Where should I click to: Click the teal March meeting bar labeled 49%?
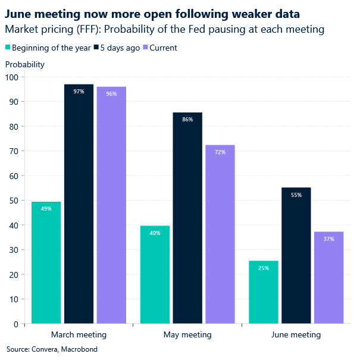pyautogui.click(x=46, y=262)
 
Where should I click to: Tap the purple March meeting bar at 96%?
pyautogui.click(x=111, y=205)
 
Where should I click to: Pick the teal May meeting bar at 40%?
pyautogui.click(x=155, y=274)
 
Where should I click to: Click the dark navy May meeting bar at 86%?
pyautogui.click(x=187, y=218)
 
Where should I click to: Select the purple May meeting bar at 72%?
pyautogui.click(x=220, y=234)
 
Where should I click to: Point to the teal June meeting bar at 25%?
pyautogui.click(x=264, y=292)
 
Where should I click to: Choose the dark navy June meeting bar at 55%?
pyautogui.click(x=296, y=255)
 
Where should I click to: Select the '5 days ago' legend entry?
pyautogui.click(x=121, y=48)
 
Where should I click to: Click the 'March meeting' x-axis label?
pyautogui.click(x=79, y=334)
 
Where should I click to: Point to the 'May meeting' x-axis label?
pyautogui.click(x=187, y=334)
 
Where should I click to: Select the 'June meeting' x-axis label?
pyautogui.click(x=296, y=334)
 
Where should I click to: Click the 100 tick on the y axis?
pyautogui.click(x=11, y=77)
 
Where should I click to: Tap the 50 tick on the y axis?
pyautogui.click(x=12, y=201)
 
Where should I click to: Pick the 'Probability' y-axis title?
pyautogui.click(x=25, y=64)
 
